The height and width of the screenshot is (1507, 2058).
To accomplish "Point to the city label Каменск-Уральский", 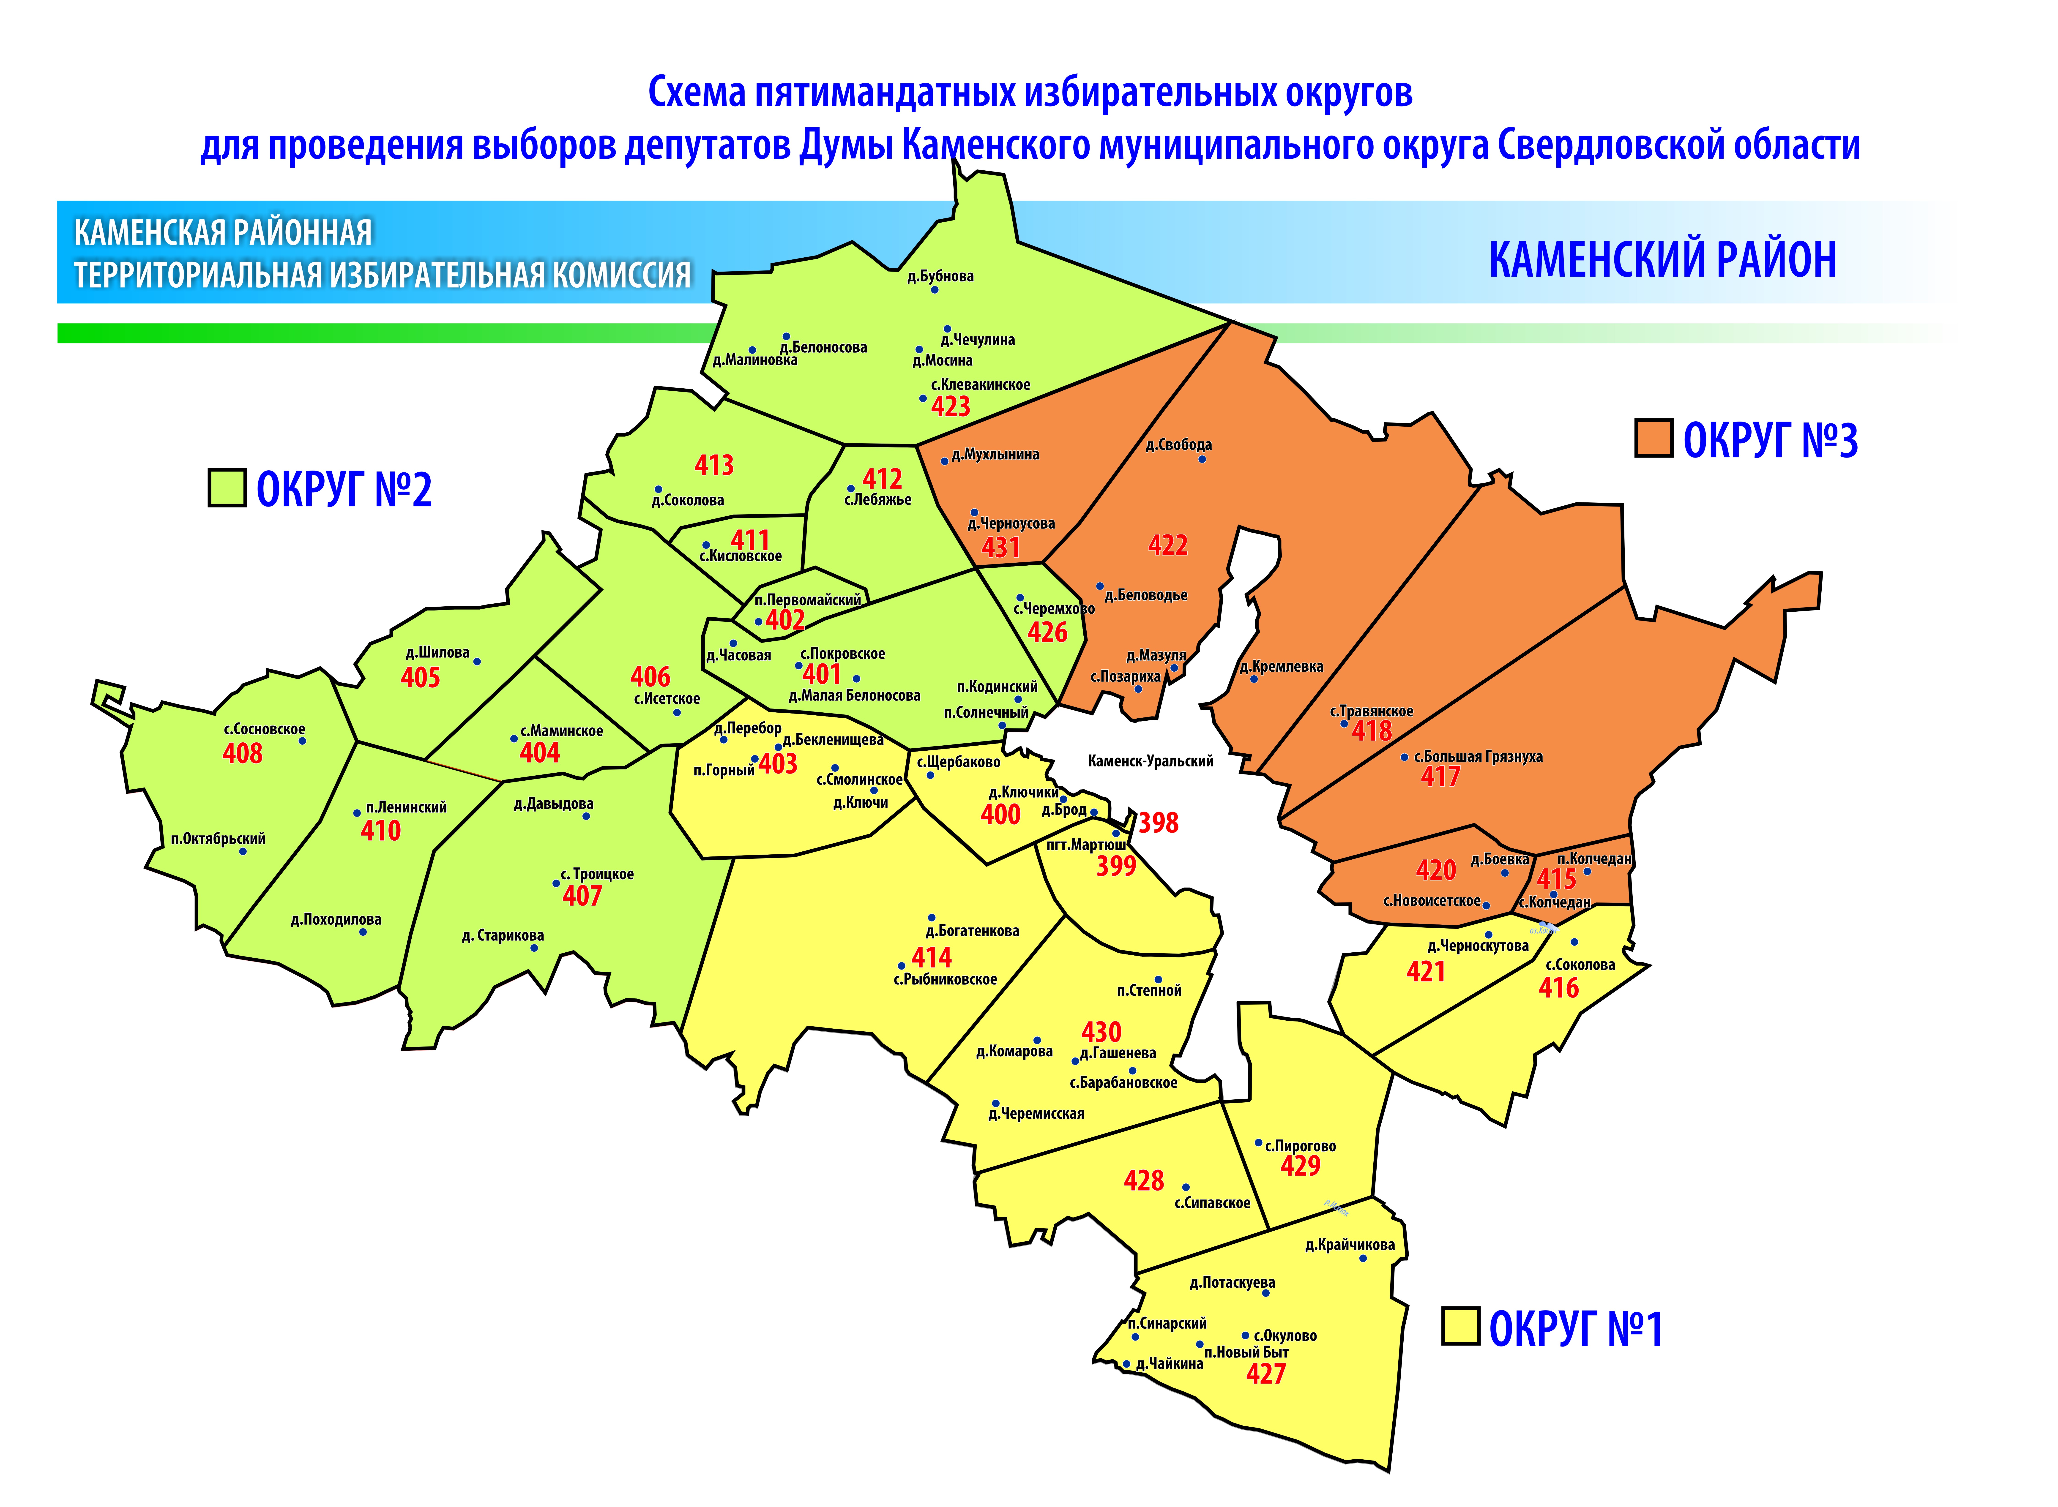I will pyautogui.click(x=1150, y=761).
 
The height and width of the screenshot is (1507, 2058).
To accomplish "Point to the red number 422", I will pyautogui.click(x=1168, y=545).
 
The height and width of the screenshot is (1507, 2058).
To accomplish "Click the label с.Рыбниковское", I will pyautogui.click(x=945, y=980).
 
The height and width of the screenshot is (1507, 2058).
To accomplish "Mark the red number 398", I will pyautogui.click(x=1159, y=824).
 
